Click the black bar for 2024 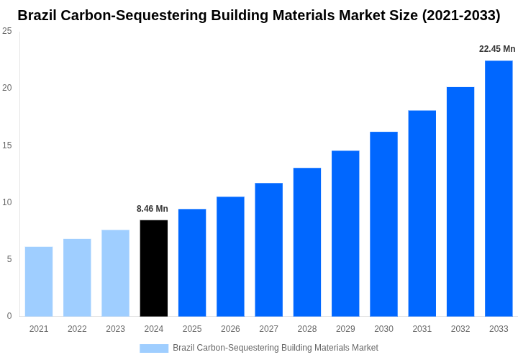[154, 268]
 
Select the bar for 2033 [499, 188]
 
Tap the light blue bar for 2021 [39, 282]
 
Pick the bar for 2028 [307, 242]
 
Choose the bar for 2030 [383, 224]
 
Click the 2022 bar [77, 277]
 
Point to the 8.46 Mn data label [153, 209]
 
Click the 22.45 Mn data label [497, 49]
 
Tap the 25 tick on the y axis [7, 31]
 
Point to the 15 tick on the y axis [7, 145]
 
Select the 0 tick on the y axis [9, 316]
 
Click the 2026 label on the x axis [230, 329]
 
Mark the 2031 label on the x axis [422, 329]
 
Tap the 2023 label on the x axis [115, 329]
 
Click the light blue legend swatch [154, 348]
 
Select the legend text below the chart [275, 348]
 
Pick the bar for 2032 [460, 202]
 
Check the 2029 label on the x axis [345, 329]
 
